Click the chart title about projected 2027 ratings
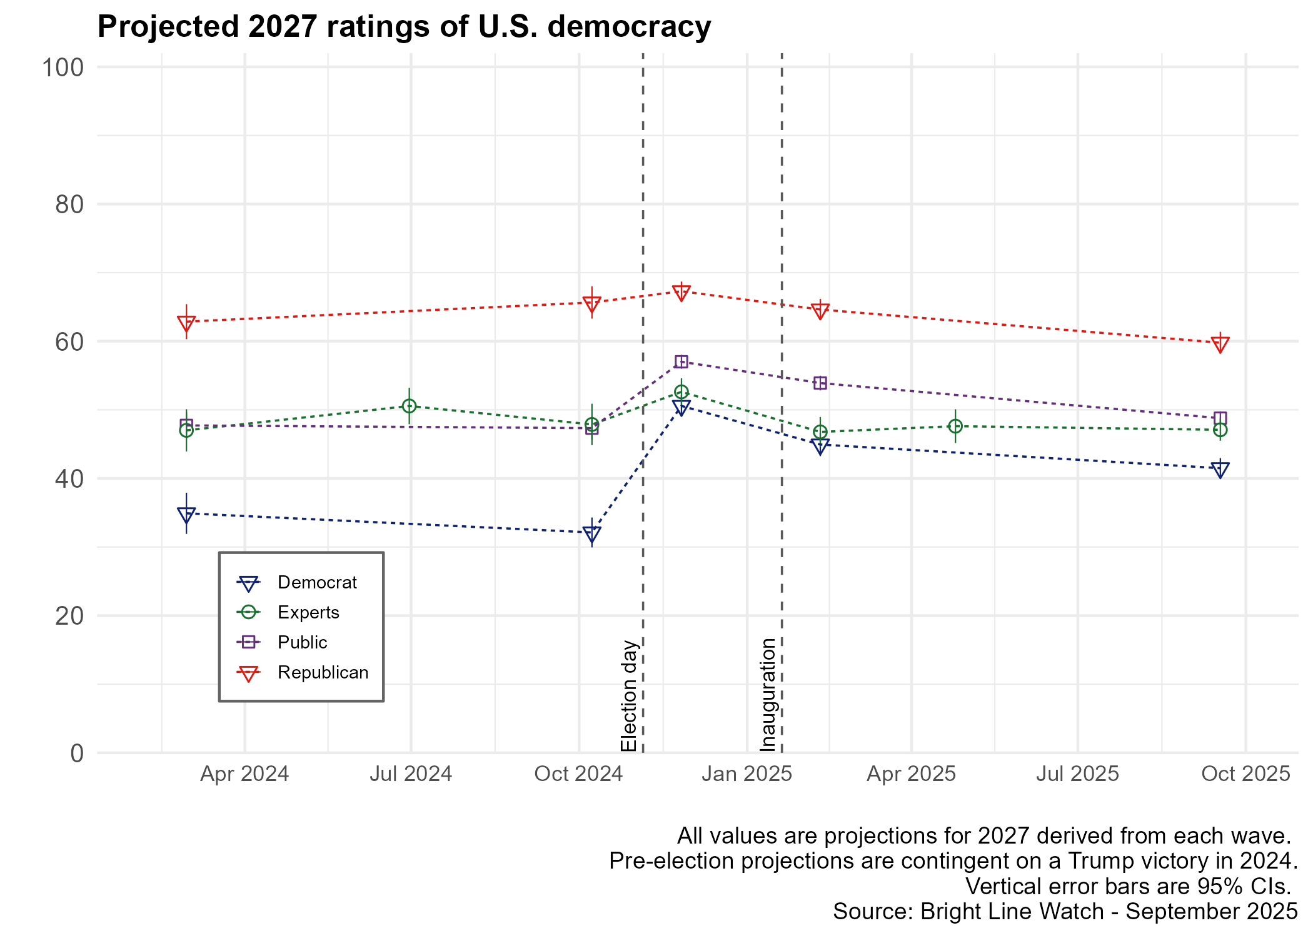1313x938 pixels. (x=404, y=27)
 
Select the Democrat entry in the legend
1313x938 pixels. (x=316, y=582)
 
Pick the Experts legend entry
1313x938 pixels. (x=308, y=612)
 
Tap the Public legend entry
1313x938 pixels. (x=302, y=642)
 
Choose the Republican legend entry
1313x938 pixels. (x=323, y=672)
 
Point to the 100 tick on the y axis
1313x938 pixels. (x=63, y=68)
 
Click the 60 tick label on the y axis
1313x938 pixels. (x=69, y=342)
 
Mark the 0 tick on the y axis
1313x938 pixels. (x=76, y=754)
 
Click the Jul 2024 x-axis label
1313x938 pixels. (x=411, y=774)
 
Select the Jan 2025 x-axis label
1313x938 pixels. (x=747, y=774)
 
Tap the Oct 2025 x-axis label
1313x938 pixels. (x=1245, y=774)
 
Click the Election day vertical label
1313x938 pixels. (x=628, y=695)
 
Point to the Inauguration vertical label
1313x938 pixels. (x=768, y=694)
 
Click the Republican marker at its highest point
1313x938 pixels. (x=682, y=292)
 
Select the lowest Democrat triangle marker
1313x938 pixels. (x=591, y=533)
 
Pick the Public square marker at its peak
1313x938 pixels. (x=682, y=362)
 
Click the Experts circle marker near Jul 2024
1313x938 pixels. (x=409, y=406)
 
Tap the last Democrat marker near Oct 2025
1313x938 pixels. (x=1220, y=469)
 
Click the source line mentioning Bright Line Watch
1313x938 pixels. (x=1065, y=912)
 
